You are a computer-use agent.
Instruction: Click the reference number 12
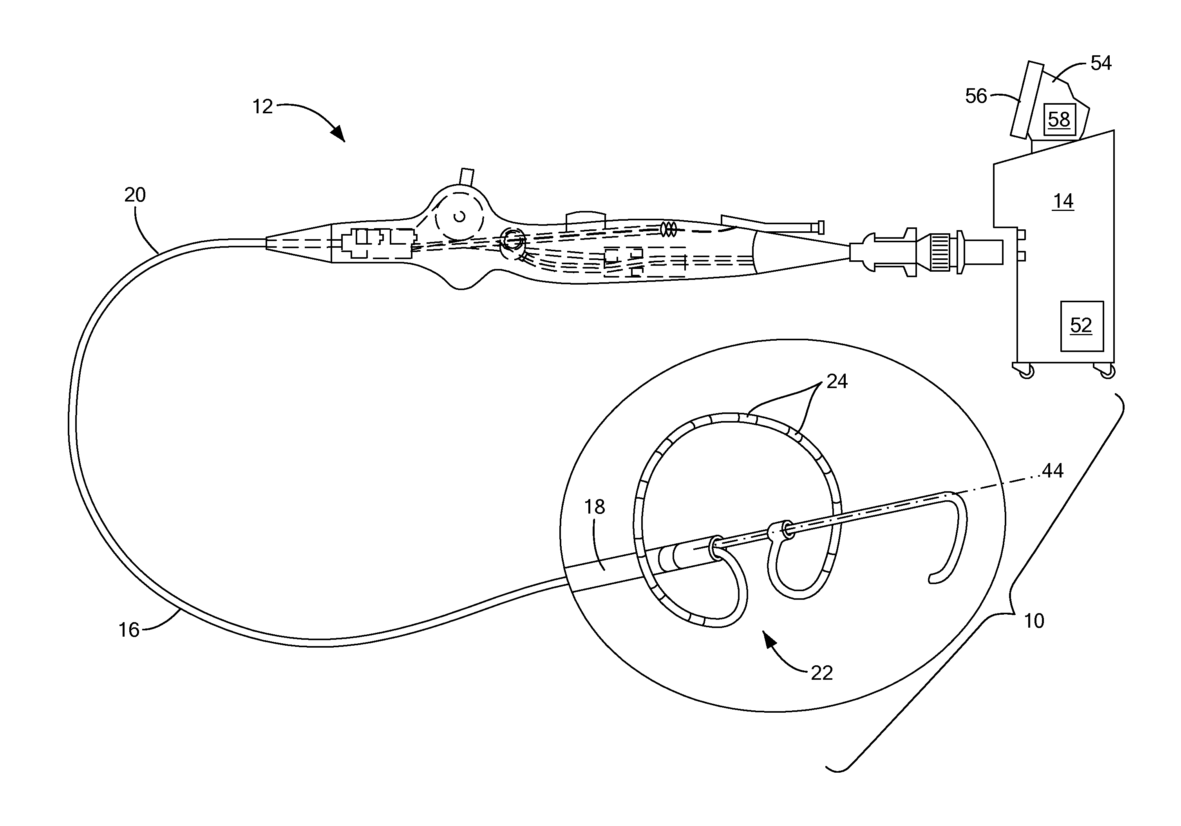[262, 107]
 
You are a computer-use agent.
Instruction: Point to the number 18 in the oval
[595, 507]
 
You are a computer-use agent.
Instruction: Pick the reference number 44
[1053, 470]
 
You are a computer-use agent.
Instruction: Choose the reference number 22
[821, 673]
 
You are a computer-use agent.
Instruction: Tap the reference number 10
[1034, 621]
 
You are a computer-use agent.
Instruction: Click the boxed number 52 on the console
[1081, 325]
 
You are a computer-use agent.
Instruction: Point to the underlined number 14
[1063, 201]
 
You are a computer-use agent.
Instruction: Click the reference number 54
[1101, 63]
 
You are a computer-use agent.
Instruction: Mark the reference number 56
[976, 96]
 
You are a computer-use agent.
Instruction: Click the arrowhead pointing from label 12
[339, 135]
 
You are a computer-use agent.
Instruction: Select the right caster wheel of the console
[1107, 372]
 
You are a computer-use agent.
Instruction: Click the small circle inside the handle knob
[460, 217]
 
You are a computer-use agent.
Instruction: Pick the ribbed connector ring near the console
[941, 253]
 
